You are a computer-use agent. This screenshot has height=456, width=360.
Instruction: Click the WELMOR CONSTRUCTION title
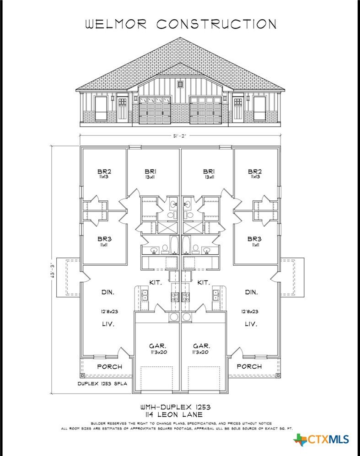181,24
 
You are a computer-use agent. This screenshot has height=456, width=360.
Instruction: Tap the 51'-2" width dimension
180,135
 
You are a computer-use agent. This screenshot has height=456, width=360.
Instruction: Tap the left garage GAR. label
158,346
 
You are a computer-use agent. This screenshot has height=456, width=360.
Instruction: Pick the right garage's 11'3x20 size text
200,352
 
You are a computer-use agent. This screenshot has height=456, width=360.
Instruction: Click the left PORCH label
110,367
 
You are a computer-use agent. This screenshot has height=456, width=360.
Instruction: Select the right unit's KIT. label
204,282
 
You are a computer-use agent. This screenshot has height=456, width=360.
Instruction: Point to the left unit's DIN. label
108,292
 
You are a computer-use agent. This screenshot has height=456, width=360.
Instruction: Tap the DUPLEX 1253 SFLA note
102,384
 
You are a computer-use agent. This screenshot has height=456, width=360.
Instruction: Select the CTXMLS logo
321,439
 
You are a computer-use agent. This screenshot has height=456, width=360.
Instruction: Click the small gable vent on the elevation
180,84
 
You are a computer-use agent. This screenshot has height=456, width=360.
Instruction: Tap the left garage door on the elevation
155,111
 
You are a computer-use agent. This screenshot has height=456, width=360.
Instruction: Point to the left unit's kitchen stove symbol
175,297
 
